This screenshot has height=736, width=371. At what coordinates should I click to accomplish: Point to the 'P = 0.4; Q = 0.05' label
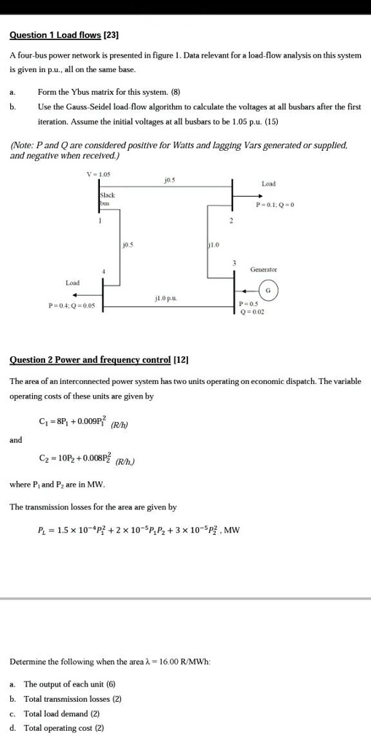(x=71, y=307)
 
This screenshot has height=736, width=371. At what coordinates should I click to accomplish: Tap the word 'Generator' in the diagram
(x=263, y=269)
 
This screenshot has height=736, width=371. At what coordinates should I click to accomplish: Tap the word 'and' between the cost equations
(x=16, y=439)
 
